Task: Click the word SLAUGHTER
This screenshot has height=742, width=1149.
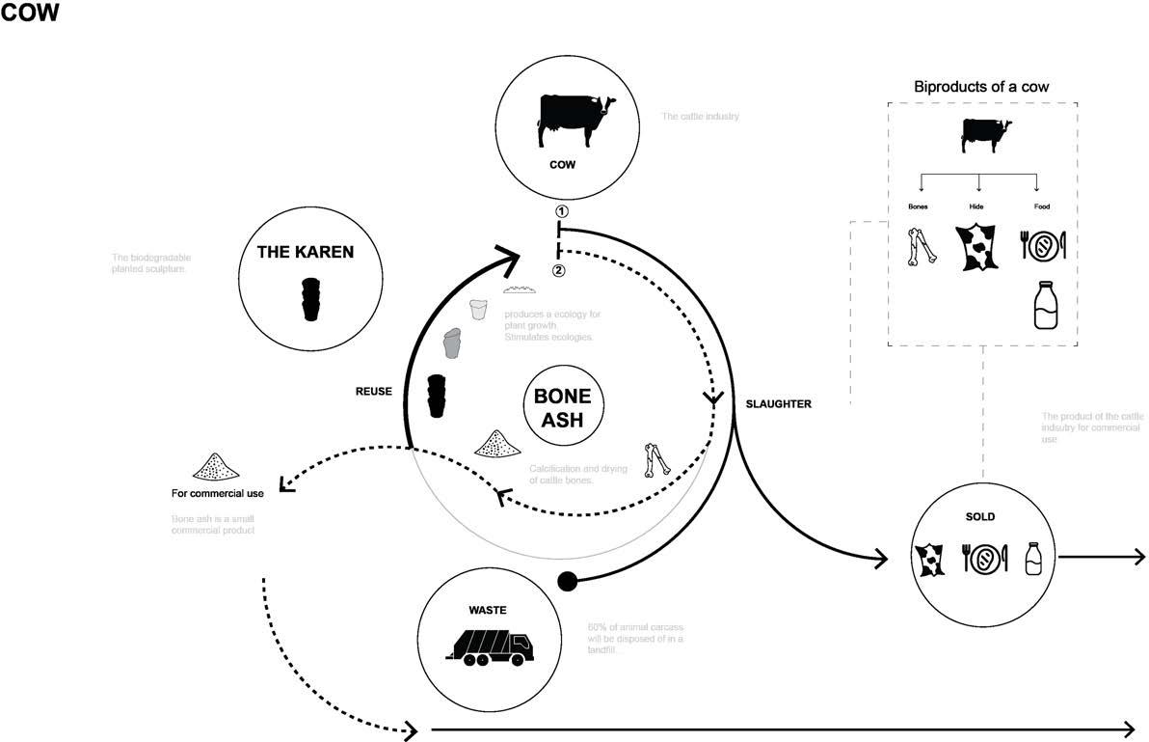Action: [779, 404]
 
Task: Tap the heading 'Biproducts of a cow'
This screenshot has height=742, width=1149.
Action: [981, 87]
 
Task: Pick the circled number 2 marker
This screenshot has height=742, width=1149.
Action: [558, 270]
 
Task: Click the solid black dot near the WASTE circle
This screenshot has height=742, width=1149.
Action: [569, 581]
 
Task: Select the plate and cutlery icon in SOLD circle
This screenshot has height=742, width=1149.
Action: [983, 559]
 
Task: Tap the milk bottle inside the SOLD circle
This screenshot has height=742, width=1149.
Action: [1033, 558]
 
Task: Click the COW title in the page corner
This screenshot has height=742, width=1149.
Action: [31, 16]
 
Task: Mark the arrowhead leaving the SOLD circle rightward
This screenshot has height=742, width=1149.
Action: [1139, 557]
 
